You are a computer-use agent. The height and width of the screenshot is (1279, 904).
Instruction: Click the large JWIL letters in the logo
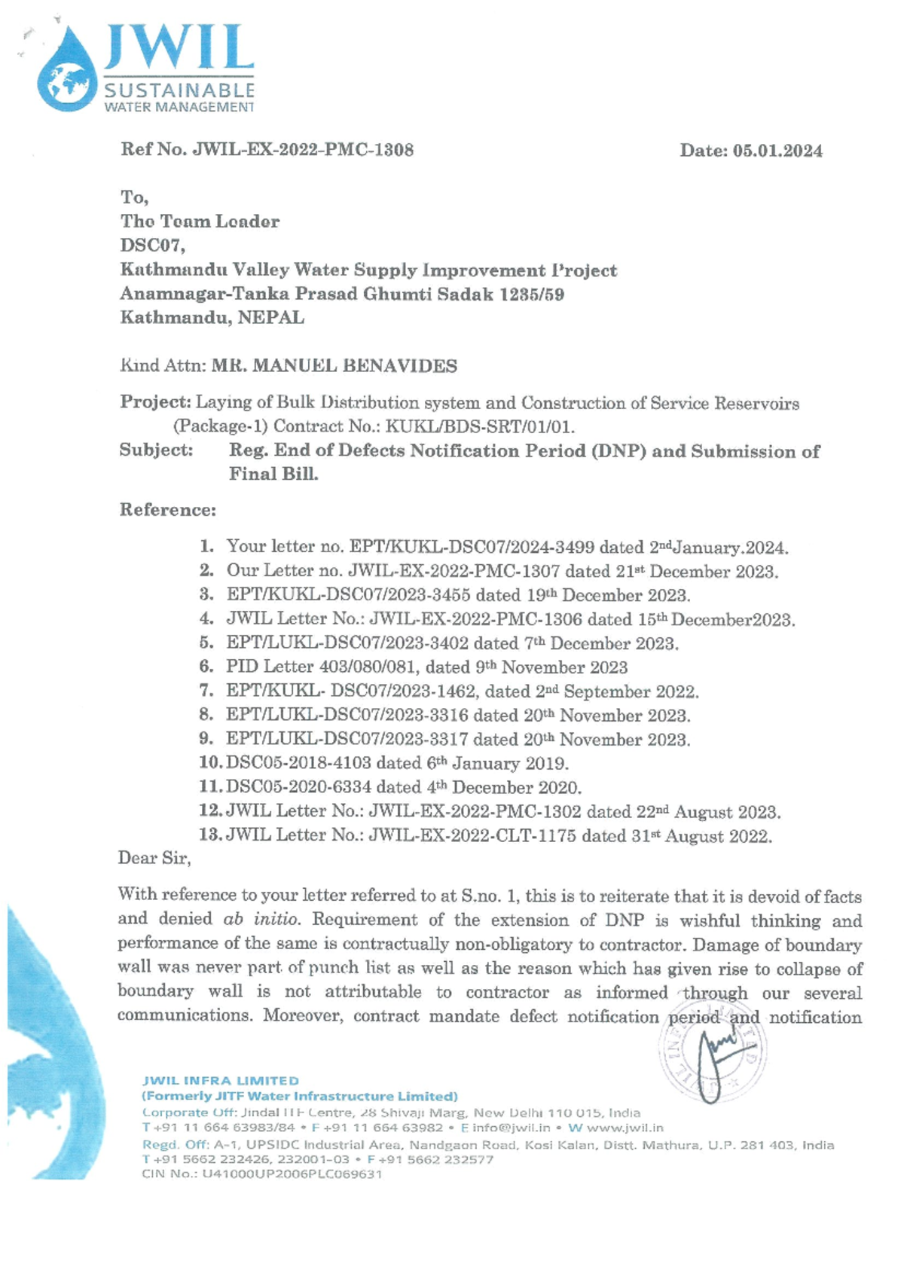(178, 47)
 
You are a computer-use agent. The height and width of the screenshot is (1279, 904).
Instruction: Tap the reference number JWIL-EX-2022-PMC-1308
(303, 149)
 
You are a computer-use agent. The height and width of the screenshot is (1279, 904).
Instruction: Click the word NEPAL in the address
(271, 318)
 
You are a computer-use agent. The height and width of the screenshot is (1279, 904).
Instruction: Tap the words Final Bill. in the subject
(273, 475)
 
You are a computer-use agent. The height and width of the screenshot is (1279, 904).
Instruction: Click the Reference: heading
(167, 510)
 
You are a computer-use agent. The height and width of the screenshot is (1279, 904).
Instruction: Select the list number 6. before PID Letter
(206, 667)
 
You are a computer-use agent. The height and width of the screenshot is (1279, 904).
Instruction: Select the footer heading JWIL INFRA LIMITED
(221, 1081)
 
